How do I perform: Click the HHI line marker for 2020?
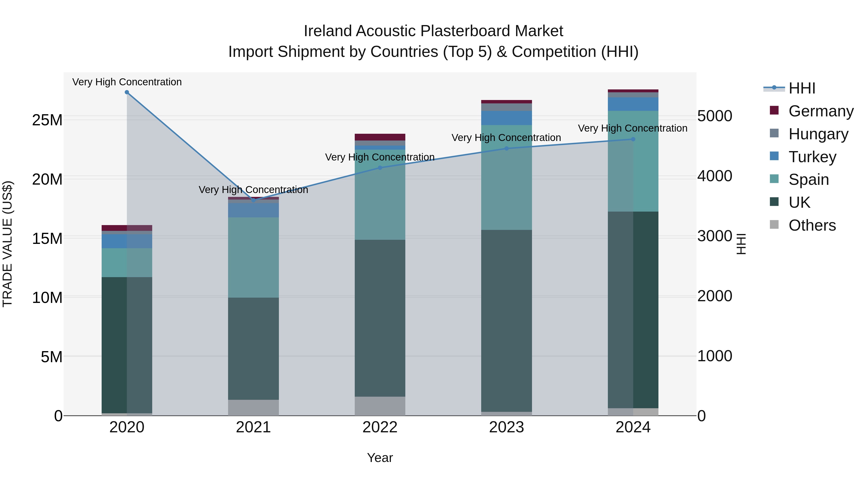pyautogui.click(x=127, y=92)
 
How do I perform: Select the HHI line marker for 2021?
pyautogui.click(x=253, y=200)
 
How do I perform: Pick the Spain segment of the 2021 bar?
pyautogui.click(x=253, y=257)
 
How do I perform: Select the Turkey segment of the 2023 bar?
pyautogui.click(x=506, y=118)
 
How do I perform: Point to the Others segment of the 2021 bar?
pyautogui.click(x=253, y=408)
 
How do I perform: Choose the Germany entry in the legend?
pyautogui.click(x=821, y=111)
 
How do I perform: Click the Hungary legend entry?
pyautogui.click(x=818, y=134)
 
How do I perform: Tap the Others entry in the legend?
pyautogui.click(x=812, y=225)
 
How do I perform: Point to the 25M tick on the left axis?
pyautogui.click(x=47, y=120)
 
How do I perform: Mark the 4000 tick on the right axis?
pyautogui.click(x=715, y=176)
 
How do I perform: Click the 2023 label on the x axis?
pyautogui.click(x=506, y=427)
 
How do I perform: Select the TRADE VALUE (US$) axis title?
pyautogui.click(x=8, y=244)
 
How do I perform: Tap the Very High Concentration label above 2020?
pyautogui.click(x=127, y=82)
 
